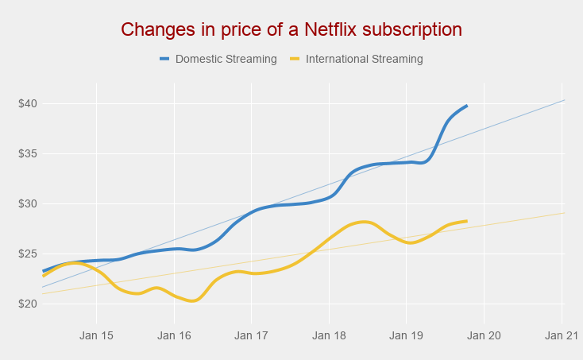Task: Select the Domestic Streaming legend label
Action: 226,59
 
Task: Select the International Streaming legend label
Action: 365,59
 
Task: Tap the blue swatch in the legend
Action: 165,59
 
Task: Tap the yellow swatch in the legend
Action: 295,59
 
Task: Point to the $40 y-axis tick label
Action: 28,103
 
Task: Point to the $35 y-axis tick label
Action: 28,153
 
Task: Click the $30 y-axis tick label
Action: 28,203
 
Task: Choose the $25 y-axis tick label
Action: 28,254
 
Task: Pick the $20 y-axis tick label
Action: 28,304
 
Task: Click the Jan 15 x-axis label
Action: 96,335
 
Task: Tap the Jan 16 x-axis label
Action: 174,335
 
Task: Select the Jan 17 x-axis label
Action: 251,335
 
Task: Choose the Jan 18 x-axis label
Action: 329,335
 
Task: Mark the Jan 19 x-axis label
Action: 406,335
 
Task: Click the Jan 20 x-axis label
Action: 484,335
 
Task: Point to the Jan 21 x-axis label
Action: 562,335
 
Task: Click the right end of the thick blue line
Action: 466,106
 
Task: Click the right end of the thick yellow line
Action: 466,221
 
